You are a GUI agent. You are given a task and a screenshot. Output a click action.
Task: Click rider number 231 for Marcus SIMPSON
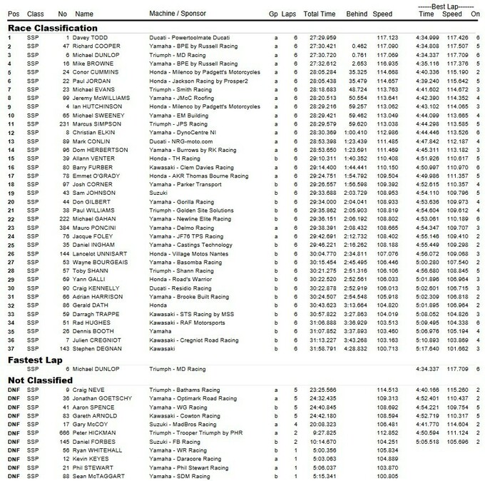point(62,123)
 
